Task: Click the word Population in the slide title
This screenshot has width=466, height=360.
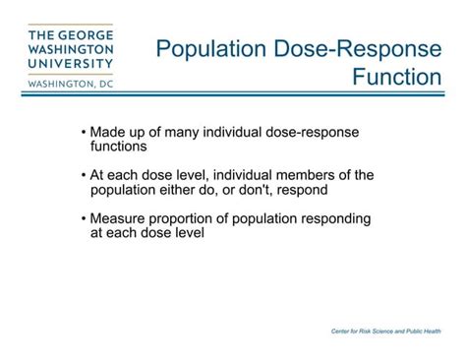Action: point(210,46)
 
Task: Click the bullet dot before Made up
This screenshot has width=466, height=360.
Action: point(83,133)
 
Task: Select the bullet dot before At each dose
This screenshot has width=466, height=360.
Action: point(83,176)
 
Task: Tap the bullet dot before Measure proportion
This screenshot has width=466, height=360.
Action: point(83,219)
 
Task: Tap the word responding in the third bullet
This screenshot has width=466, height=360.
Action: point(331,219)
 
